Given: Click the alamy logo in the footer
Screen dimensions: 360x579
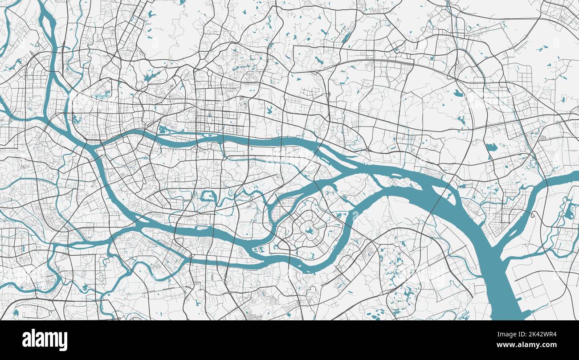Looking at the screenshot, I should point(45,340).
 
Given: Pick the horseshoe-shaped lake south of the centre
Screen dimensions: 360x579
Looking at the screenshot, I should point(208,196).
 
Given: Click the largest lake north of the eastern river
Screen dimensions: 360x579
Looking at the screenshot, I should point(491,147).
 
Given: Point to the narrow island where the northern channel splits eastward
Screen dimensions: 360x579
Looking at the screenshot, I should point(338,158).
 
